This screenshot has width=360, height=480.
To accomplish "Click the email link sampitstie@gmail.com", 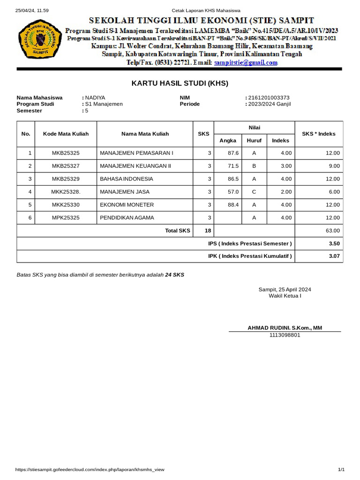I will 246,62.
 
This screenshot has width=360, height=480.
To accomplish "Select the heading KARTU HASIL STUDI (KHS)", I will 180,83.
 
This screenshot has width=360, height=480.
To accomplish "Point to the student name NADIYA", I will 95,97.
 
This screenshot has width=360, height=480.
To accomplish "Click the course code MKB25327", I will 66,166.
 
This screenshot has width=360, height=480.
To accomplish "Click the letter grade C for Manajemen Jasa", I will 254,192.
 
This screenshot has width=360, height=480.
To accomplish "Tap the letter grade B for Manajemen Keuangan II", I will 254,166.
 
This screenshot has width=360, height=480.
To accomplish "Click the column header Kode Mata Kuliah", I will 66,134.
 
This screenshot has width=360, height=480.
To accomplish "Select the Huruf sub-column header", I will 254,140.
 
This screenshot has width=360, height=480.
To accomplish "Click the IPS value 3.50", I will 334,243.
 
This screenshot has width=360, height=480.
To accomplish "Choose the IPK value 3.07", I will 334,256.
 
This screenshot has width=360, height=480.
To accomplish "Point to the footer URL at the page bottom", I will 90,469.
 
